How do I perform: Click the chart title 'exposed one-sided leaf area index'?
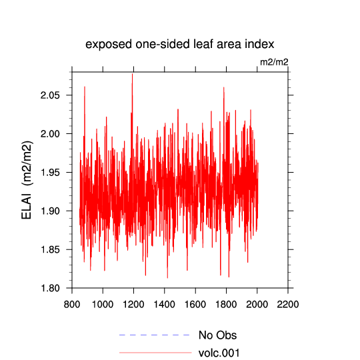(180, 44)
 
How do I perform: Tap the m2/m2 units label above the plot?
(274, 62)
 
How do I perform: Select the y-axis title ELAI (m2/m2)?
(27, 180)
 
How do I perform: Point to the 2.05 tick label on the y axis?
(50, 95)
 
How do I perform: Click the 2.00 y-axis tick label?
(50, 134)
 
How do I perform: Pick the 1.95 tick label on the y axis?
(50, 173)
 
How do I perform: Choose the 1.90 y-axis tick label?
(50, 211)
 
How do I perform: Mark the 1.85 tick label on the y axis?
(50, 249)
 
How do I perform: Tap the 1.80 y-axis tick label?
(50, 288)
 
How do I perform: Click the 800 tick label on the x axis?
(72, 305)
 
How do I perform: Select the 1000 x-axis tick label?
(103, 305)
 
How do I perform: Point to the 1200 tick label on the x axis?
(133, 305)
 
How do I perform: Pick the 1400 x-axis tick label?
(165, 305)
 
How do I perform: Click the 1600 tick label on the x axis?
(195, 305)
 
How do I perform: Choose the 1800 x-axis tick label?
(226, 305)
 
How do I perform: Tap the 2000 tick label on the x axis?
(257, 305)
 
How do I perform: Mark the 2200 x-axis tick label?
(288, 305)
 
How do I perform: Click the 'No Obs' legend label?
(217, 335)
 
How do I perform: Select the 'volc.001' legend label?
(219, 353)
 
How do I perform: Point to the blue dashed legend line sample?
(154, 335)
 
